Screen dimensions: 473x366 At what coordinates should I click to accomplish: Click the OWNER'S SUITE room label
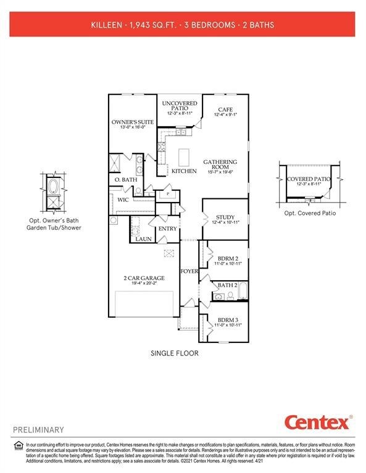pyautogui.click(x=133, y=122)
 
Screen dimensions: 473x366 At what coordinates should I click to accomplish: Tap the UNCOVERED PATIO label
pyautogui.click(x=180, y=104)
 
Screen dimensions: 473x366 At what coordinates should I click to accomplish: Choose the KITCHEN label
pyautogui.click(x=184, y=171)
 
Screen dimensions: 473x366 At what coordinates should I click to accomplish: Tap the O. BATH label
pyautogui.click(x=125, y=179)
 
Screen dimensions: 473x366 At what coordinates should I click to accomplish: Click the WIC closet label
pyautogui.click(x=123, y=200)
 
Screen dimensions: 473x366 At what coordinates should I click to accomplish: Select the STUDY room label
pyautogui.click(x=225, y=217)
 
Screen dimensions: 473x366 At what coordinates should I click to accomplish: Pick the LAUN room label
pyautogui.click(x=144, y=238)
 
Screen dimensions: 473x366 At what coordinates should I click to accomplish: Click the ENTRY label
pyautogui.click(x=167, y=228)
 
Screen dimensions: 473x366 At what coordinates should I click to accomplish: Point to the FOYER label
pyautogui.click(x=189, y=271)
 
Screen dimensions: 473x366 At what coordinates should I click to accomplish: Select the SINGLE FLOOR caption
pyautogui.click(x=175, y=354)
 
